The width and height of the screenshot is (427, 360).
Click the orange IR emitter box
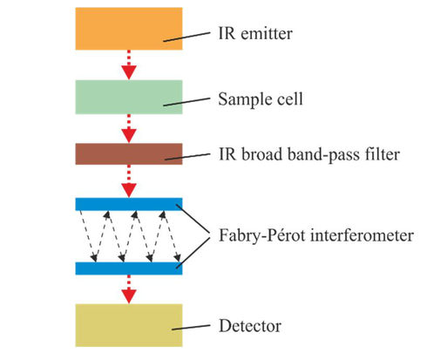tap(129, 29)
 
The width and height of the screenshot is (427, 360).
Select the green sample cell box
tap(129, 97)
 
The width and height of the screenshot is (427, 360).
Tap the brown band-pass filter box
tap(129, 154)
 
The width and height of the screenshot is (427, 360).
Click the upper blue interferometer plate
tap(129, 204)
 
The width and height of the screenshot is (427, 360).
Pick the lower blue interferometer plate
tap(129, 268)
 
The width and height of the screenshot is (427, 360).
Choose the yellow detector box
tap(129, 325)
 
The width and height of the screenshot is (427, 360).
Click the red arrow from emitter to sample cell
tap(129, 65)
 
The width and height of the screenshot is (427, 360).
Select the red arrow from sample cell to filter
tap(129, 128)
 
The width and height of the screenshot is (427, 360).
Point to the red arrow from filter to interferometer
tap(129, 181)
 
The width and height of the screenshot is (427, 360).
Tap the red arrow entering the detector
tap(129, 289)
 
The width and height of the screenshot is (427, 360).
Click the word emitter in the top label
tap(267, 34)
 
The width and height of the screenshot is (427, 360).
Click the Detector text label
tap(250, 326)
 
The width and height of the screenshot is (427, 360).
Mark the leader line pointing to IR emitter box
tap(186, 37)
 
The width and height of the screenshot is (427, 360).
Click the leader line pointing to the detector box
tap(191, 328)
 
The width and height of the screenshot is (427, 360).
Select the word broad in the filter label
tap(261, 154)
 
